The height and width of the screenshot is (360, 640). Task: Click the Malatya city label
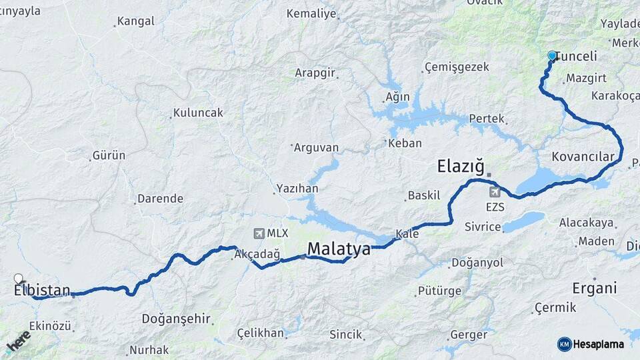338,250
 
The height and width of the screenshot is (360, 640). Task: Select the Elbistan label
42,290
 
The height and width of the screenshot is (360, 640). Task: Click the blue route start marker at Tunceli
552,56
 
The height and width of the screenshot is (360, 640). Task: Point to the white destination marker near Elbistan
19,278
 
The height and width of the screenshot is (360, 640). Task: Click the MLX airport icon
259,233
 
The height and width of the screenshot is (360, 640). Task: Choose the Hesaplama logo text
598,344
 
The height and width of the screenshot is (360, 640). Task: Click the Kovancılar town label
583,157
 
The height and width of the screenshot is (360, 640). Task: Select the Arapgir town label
315,73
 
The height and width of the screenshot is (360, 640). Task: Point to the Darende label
160,199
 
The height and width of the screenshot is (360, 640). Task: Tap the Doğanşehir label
175,319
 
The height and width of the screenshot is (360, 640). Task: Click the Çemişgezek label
457,67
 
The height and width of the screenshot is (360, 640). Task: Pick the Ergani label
595,289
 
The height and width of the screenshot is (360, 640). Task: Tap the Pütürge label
439,291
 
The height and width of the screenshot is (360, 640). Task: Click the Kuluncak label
198,113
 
